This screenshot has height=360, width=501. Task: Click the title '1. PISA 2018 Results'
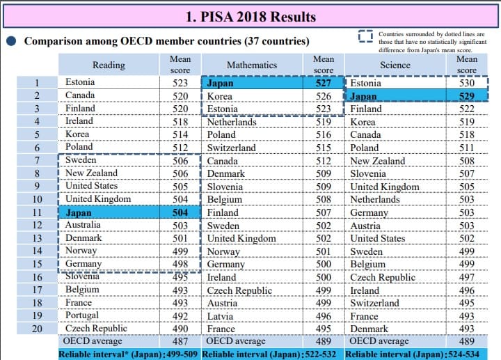pos(250,16)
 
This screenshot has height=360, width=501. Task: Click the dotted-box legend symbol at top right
pos(365,38)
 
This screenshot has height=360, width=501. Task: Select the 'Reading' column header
pos(109,65)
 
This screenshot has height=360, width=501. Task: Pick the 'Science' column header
pos(395,65)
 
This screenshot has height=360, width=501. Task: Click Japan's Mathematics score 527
pos(322,83)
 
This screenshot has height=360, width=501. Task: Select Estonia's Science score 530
pos(466,83)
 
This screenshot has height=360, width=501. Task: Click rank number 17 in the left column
pos(36,290)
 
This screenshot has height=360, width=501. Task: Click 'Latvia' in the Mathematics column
pos(221,315)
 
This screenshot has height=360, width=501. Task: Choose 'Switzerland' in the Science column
pos(374,303)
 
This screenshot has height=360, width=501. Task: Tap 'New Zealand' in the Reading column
pos(91,173)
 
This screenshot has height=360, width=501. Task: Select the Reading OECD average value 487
pos(180,341)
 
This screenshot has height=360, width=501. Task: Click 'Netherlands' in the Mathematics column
pos(232,121)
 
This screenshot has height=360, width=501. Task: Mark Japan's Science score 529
pos(466,96)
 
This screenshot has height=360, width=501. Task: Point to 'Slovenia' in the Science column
pos(369,173)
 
